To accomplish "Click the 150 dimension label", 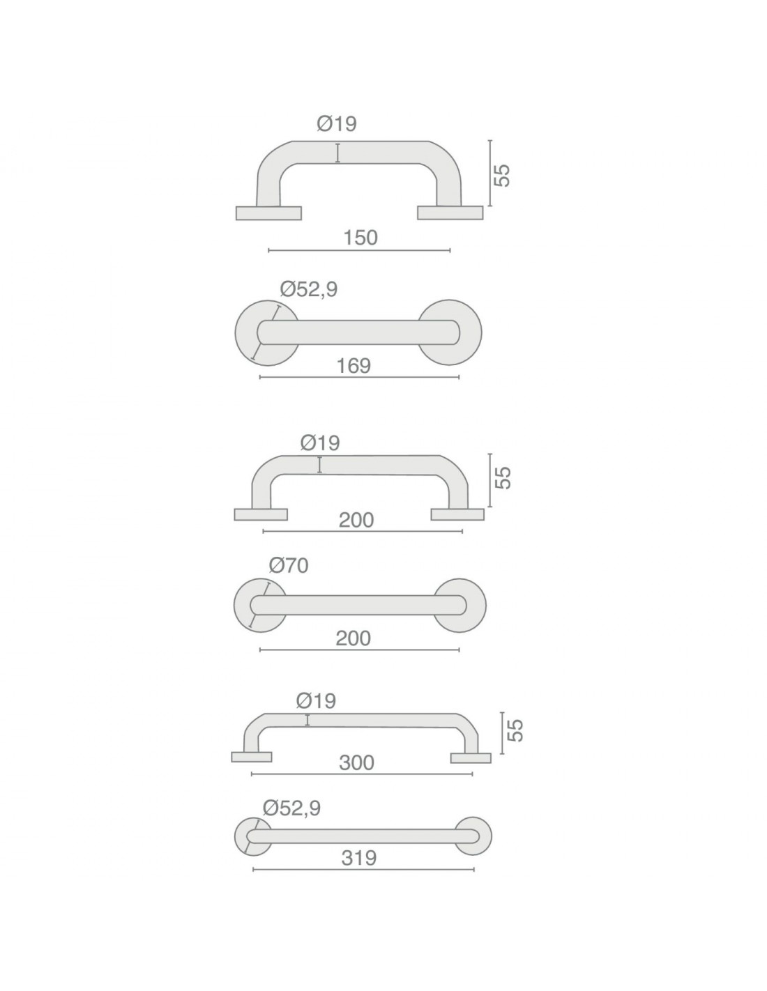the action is [x=360, y=238].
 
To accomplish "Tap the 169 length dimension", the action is [x=354, y=366].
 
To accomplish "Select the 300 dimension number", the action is [x=356, y=762].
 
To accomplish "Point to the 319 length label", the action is [x=358, y=859].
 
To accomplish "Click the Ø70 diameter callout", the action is [x=289, y=566].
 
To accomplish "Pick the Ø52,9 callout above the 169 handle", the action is [x=309, y=290].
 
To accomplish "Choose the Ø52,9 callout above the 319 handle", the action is [x=292, y=808].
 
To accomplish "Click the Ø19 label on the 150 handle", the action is [x=337, y=123].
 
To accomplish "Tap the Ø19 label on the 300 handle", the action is [x=316, y=700].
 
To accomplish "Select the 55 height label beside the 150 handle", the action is [x=502, y=175].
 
